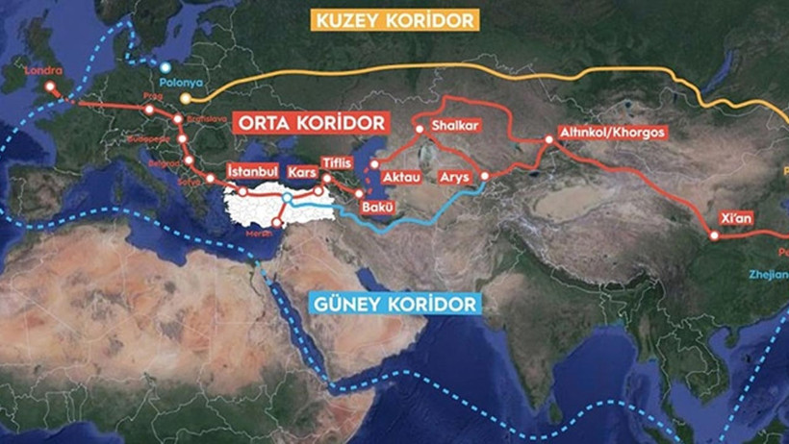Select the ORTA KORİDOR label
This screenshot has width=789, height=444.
[310, 124]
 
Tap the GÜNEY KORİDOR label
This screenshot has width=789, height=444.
[394, 304]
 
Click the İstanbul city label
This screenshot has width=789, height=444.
[253, 171]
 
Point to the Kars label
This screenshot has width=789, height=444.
[302, 171]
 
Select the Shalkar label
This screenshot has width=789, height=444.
[455, 126]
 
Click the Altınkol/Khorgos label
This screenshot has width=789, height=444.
[612, 133]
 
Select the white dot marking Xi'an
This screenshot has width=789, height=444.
[714, 235]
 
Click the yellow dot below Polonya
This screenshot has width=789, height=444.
[186, 98]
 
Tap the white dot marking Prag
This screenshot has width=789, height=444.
[149, 110]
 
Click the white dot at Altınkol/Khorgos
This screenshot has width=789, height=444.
[548, 140]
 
